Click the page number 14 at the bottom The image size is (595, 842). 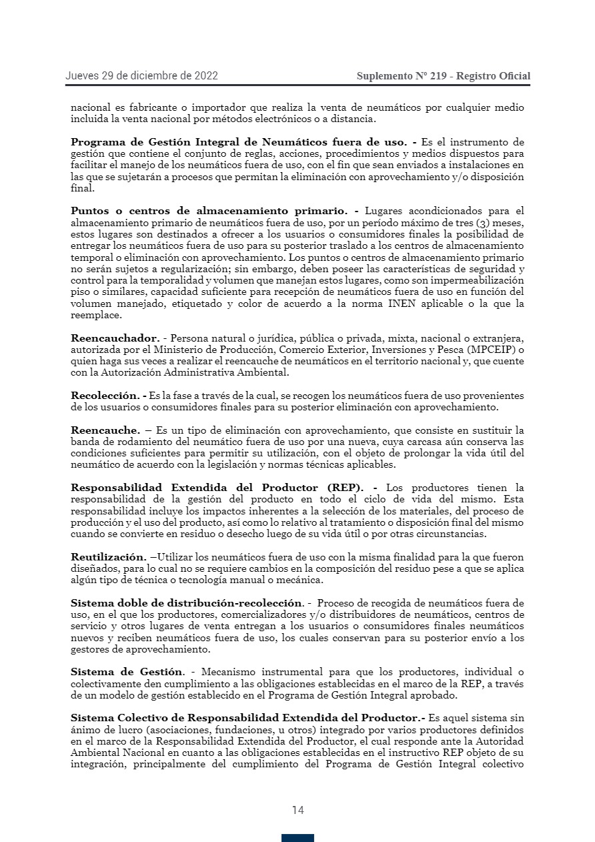tap(297, 810)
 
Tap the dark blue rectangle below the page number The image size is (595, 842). tap(297, 838)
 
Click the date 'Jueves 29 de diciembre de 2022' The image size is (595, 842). tap(141, 76)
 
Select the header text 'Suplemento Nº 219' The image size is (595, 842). tap(402, 76)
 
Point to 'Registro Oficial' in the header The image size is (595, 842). tap(494, 76)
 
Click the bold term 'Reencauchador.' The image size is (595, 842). tap(115, 338)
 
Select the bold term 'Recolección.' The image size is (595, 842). tap(108, 396)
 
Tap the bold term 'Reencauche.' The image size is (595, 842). tap(105, 430)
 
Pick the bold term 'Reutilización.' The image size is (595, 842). tap(108, 556)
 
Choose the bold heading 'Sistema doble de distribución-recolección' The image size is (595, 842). tap(187, 603)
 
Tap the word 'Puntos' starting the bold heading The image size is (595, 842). tap(92, 211)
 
